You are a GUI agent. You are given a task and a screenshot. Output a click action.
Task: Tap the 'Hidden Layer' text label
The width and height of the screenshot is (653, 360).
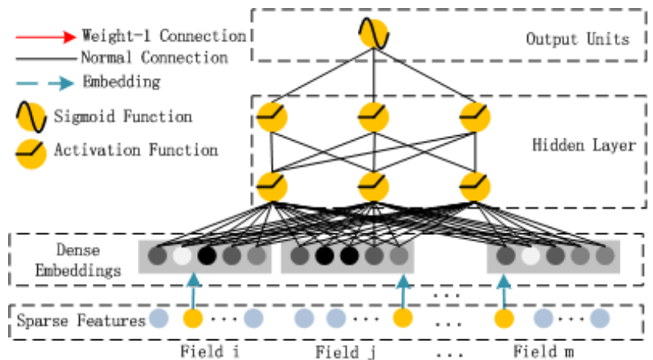[583, 146]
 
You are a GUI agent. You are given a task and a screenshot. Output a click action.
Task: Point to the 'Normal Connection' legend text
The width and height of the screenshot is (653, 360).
[154, 58]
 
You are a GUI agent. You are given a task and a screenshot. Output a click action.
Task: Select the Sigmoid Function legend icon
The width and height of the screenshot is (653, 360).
[31, 118]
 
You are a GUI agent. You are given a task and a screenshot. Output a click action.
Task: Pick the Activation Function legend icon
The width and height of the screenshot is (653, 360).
[31, 150]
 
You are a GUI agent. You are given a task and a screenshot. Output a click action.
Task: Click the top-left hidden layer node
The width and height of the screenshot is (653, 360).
[271, 118]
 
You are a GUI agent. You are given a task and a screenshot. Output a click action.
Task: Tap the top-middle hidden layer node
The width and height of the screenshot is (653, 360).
[374, 118]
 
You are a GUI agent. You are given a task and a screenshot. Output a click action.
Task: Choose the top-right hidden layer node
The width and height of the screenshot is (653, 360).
[475, 118]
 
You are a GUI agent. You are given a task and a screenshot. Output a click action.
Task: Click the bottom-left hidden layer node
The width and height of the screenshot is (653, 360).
[271, 186]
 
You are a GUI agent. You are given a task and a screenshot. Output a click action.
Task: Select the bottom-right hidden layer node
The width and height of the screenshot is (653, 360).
[475, 186]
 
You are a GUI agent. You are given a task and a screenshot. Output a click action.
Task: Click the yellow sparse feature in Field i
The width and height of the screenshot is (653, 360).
[192, 319]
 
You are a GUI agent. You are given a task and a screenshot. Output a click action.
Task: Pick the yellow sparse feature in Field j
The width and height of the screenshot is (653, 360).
[403, 319]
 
